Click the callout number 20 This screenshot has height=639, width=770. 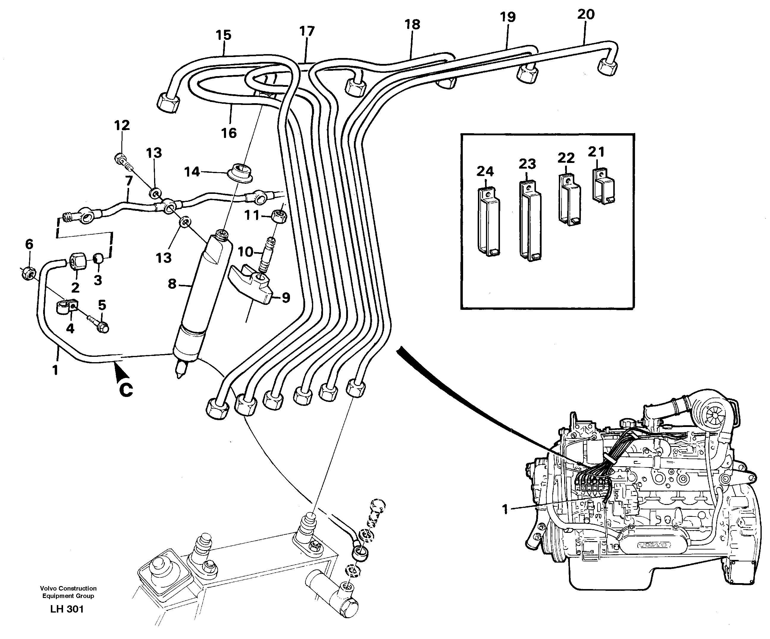click(586, 15)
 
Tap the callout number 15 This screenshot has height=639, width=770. click(223, 35)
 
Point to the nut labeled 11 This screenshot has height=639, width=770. click(279, 216)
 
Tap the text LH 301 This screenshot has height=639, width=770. click(67, 609)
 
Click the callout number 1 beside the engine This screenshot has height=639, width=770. click(505, 509)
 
